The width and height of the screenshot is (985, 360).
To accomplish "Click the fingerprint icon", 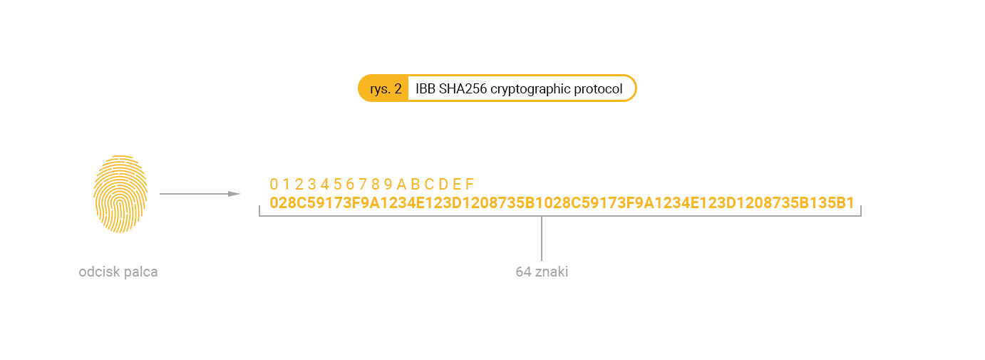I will pos(120,194).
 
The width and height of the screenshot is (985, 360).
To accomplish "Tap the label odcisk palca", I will pos(118,272).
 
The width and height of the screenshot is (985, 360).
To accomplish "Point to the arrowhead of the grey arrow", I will pos(234,194).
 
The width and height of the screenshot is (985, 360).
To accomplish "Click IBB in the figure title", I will pos(426,89).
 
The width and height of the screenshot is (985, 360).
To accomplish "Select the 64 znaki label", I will pos(542,272).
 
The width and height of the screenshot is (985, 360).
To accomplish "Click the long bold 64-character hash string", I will pos(562,203).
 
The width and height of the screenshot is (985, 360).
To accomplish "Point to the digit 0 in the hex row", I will pos(274,184).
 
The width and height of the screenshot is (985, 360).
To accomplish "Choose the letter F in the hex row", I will pos(469,184).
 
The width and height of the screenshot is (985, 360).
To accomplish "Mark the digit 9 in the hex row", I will pos(388,184).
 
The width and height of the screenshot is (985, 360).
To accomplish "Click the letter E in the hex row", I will pos(457,184).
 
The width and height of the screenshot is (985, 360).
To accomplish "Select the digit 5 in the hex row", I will pos(337,184).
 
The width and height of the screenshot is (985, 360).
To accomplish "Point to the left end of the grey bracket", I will pos(260,211).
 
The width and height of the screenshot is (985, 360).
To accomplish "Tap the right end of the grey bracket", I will pos(860,211).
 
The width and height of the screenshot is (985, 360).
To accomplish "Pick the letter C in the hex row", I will pos(429,184).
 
